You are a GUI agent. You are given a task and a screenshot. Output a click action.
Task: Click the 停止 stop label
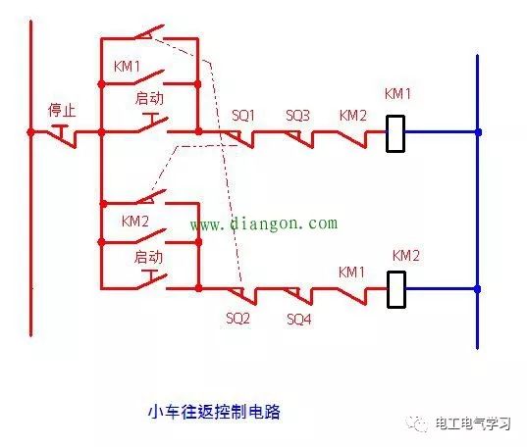(x=62, y=109)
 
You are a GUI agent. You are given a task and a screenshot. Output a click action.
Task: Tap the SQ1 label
(x=242, y=116)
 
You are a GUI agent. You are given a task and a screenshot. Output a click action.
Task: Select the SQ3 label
(x=297, y=116)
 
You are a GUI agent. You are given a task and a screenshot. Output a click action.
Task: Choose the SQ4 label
(x=299, y=319)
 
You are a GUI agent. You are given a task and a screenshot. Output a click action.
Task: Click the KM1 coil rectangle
(x=395, y=132)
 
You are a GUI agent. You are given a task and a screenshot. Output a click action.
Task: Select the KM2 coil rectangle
(x=395, y=289)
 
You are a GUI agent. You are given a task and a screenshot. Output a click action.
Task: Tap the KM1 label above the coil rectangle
(x=397, y=96)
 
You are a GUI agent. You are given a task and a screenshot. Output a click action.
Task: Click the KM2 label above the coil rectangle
(x=405, y=256)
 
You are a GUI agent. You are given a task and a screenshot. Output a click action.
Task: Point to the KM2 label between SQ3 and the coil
(x=352, y=116)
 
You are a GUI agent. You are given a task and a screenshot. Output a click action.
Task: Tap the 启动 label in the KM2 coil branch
(x=148, y=257)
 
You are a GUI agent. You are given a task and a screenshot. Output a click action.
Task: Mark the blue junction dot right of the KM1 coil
(x=478, y=131)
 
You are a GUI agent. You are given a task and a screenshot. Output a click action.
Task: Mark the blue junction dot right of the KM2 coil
(x=478, y=289)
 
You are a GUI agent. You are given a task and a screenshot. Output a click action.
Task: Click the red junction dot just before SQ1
(x=198, y=131)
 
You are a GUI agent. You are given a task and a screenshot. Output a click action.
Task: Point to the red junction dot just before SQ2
(x=198, y=289)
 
